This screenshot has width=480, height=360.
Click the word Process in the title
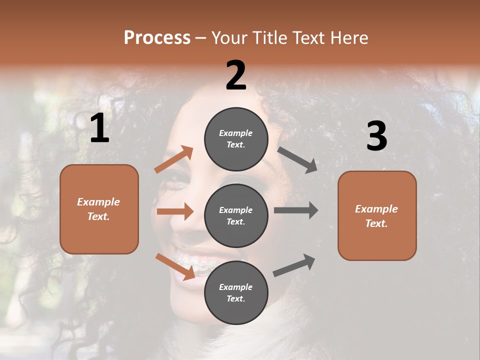pyautogui.click(x=157, y=38)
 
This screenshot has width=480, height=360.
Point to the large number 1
pyautogui.click(x=99, y=128)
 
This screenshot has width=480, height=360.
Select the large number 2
pyautogui.click(x=236, y=75)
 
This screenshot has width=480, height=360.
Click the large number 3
pyautogui.click(x=376, y=136)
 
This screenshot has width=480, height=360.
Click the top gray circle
pyautogui.click(x=236, y=139)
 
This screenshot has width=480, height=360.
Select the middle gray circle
pyautogui.click(x=236, y=215)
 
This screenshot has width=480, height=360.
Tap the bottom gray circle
pyautogui.click(x=236, y=292)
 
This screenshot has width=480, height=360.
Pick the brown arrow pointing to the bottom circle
pyautogui.click(x=175, y=266)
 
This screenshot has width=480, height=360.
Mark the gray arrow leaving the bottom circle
pyautogui.click(x=294, y=265)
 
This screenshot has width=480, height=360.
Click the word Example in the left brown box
pyautogui.click(x=98, y=202)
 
